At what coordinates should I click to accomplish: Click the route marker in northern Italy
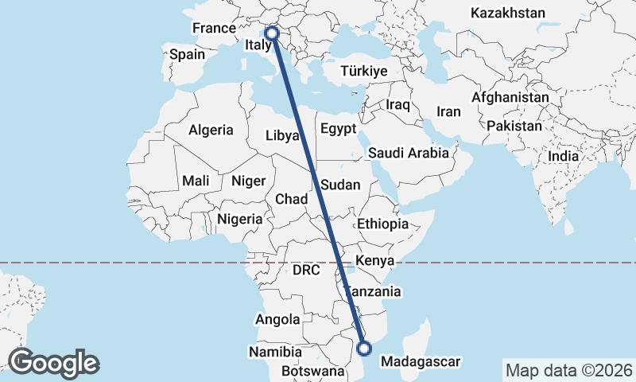tap(272, 33)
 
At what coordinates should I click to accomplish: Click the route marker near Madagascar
tap(364, 348)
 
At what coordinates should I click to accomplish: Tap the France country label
tap(214, 28)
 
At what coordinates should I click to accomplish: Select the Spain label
tap(187, 55)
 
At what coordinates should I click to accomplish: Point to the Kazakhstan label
tap(507, 13)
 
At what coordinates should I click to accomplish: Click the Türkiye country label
tap(363, 71)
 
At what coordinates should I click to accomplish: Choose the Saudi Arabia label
tap(409, 153)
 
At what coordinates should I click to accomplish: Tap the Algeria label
tap(211, 130)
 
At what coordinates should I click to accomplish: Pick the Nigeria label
tap(239, 218)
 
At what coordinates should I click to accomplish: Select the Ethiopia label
tap(382, 224)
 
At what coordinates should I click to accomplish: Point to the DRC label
tap(305, 270)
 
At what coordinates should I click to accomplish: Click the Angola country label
tap(277, 320)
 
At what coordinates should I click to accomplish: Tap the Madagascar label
tap(421, 362)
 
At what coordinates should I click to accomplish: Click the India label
tap(564, 157)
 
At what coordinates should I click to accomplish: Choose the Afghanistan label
tap(510, 97)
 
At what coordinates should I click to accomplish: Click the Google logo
tap(53, 362)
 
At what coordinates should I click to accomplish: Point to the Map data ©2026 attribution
tap(568, 370)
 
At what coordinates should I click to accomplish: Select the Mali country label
tap(196, 181)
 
